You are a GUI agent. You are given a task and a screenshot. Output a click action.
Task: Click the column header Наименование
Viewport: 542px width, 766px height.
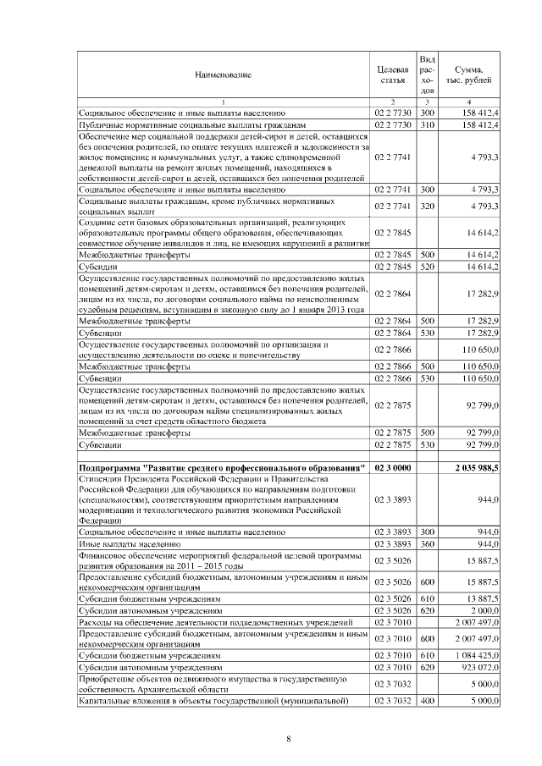(x=223, y=75)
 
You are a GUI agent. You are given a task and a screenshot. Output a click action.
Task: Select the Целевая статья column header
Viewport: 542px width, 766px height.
(x=392, y=74)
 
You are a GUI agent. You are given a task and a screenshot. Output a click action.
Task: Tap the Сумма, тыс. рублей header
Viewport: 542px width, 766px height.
(x=469, y=74)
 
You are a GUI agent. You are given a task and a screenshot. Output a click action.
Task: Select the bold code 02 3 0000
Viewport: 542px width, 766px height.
(x=392, y=466)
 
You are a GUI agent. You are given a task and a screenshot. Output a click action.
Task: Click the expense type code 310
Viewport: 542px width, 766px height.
(x=427, y=124)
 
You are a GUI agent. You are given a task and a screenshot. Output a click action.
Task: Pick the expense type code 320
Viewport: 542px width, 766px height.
(x=427, y=206)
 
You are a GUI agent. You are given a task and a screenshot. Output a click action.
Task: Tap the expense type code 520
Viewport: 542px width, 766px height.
(x=427, y=267)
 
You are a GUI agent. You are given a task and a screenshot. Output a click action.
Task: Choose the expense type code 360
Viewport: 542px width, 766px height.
(x=427, y=543)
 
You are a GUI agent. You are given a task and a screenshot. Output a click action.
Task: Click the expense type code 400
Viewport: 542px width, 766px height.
(x=427, y=701)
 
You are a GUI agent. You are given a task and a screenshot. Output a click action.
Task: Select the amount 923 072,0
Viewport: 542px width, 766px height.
(x=478, y=667)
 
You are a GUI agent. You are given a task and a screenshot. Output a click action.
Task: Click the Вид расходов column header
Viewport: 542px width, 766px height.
(x=427, y=74)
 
